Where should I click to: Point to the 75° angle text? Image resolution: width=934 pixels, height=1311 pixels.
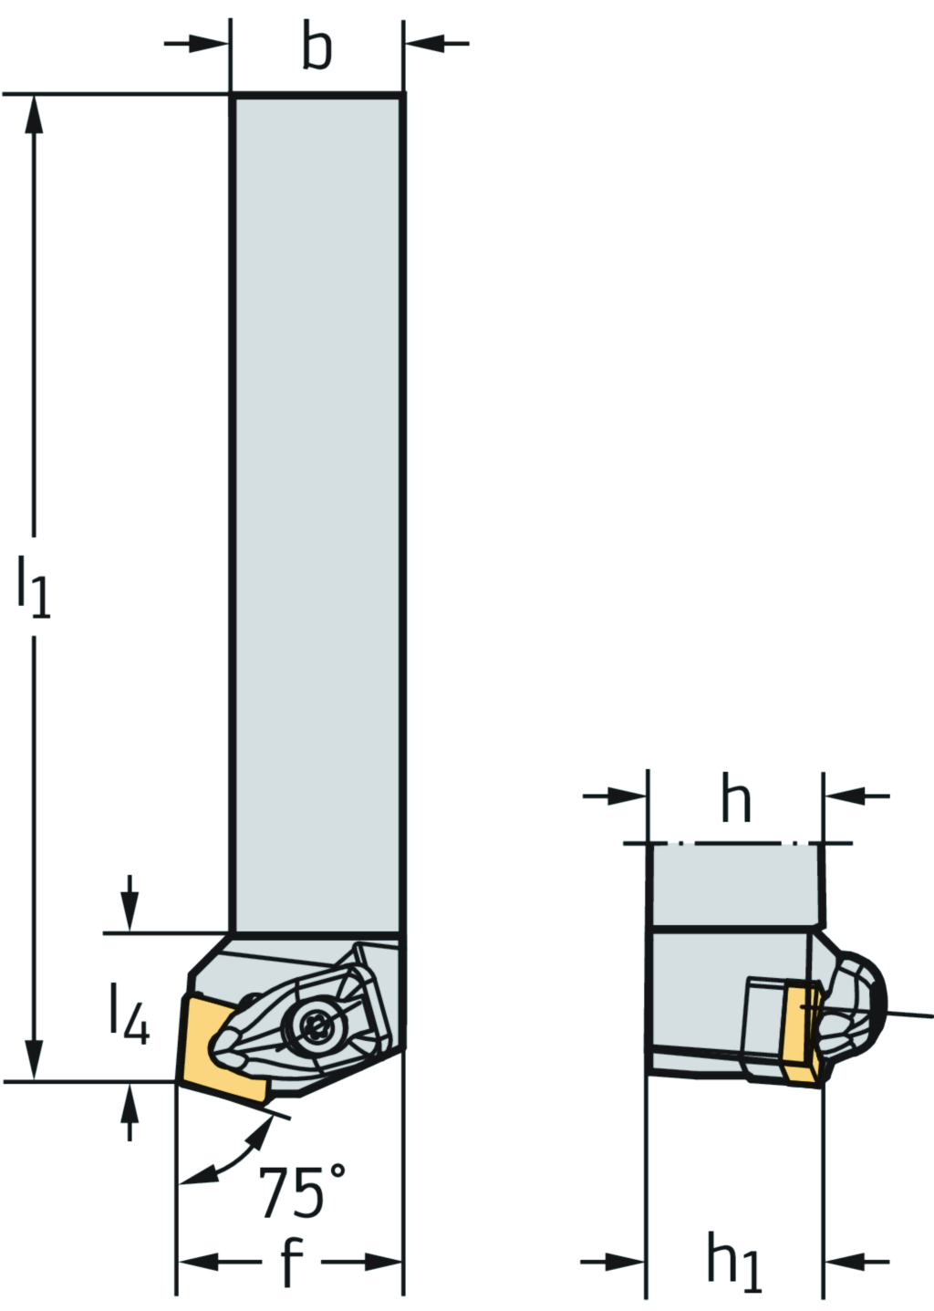(302, 1191)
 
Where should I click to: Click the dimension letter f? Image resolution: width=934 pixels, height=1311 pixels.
(290, 1264)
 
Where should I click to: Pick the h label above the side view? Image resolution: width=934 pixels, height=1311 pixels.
(736, 800)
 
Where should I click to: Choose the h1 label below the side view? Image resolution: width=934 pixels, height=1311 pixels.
(734, 1264)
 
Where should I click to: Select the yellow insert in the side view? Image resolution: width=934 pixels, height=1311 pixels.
(801, 1033)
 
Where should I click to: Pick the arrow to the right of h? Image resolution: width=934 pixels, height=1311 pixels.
(845, 796)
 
